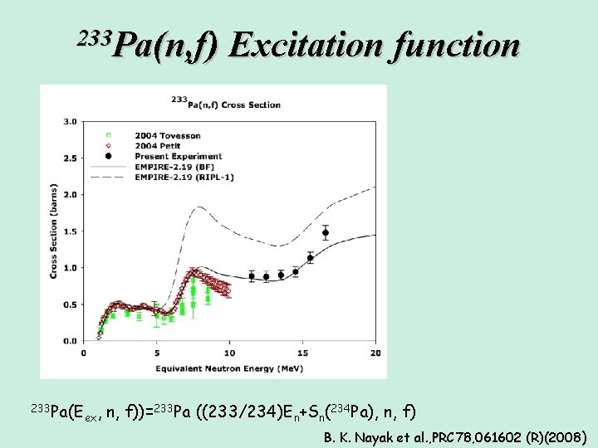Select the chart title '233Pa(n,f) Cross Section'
click(225, 105)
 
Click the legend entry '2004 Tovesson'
click(169, 135)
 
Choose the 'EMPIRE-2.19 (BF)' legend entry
click(179, 166)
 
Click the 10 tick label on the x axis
click(229, 353)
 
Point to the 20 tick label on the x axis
click(375, 353)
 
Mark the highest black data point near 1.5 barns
click(326, 232)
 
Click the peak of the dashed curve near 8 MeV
click(198, 208)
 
